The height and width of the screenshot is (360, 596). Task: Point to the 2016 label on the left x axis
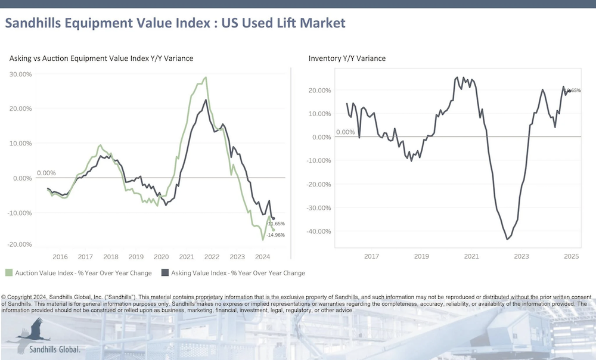(x=60, y=257)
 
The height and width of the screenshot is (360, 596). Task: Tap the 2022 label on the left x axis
(x=211, y=257)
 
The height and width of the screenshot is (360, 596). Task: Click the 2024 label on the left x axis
(x=262, y=257)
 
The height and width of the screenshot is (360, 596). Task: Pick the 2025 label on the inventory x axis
(x=572, y=257)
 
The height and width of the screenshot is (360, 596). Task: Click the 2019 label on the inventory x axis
(x=421, y=257)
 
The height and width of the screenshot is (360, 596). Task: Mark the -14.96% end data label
(x=275, y=235)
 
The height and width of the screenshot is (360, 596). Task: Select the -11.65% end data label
(x=275, y=224)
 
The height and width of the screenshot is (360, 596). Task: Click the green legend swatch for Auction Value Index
(x=9, y=273)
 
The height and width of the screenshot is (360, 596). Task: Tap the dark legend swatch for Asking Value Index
(x=164, y=273)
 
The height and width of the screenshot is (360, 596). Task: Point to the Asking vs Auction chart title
(x=101, y=58)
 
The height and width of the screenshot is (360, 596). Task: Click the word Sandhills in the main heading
(x=35, y=23)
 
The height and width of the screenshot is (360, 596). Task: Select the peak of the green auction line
(x=206, y=77)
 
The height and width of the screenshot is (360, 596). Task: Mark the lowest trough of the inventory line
(x=507, y=240)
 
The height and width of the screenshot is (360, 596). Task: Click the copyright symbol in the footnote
(x=4, y=297)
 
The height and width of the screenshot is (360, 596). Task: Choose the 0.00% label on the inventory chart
(x=346, y=132)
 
